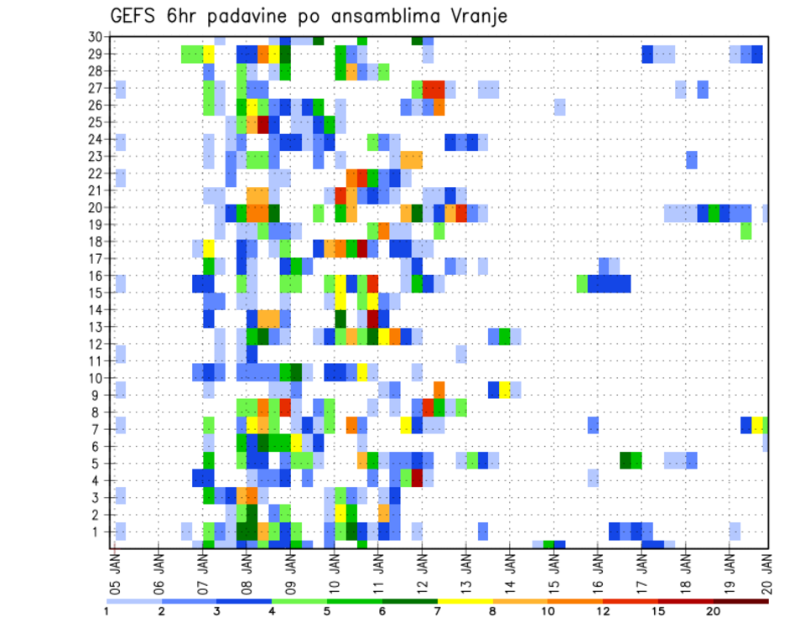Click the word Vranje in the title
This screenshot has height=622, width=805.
pyautogui.click(x=477, y=16)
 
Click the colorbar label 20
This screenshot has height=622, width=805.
pyautogui.click(x=713, y=611)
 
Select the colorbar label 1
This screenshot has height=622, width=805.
pyautogui.click(x=106, y=611)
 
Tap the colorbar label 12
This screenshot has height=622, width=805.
pyautogui.click(x=603, y=611)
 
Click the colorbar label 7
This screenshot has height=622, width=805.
pyautogui.click(x=438, y=611)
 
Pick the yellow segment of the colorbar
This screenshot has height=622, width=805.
pyautogui.click(x=465, y=600)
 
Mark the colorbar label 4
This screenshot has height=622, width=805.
pyautogui.click(x=273, y=611)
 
